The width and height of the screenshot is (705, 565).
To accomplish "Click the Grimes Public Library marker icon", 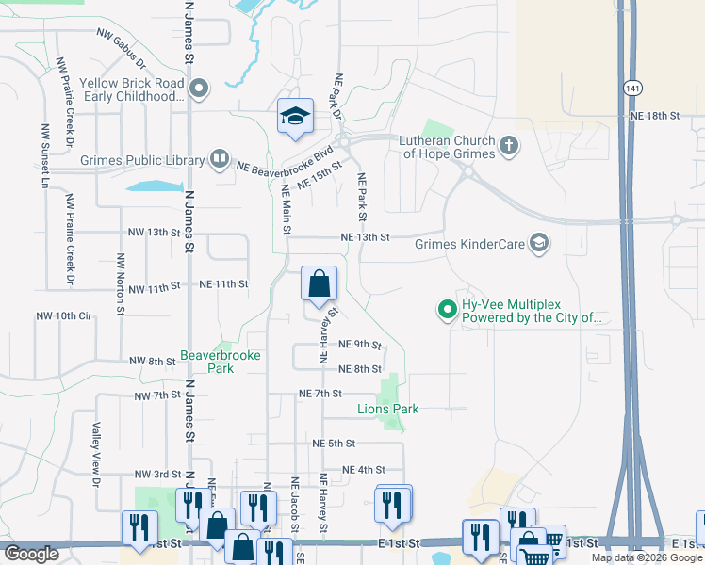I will pos(219,158).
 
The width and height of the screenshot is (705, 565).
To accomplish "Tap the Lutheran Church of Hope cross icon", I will pos(509,145).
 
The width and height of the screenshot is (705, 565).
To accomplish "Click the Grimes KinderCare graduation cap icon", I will pos(539,243).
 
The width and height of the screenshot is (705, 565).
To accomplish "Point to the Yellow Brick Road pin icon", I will pos(199,89).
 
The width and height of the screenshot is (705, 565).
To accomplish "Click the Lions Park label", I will pos(387,409).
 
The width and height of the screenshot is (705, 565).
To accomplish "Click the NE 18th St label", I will pos(655,115).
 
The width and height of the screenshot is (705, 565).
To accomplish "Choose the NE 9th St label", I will pos(359,345).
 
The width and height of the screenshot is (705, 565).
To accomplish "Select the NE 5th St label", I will pos(334,443).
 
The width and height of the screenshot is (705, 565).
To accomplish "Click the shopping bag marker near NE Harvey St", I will pos(319,283).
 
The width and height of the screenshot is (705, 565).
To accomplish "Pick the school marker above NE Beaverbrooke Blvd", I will pos(294,117).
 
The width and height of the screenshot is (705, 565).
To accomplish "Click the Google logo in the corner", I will pos(31,554).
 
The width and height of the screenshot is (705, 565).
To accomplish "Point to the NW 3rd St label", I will pos(156,474).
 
